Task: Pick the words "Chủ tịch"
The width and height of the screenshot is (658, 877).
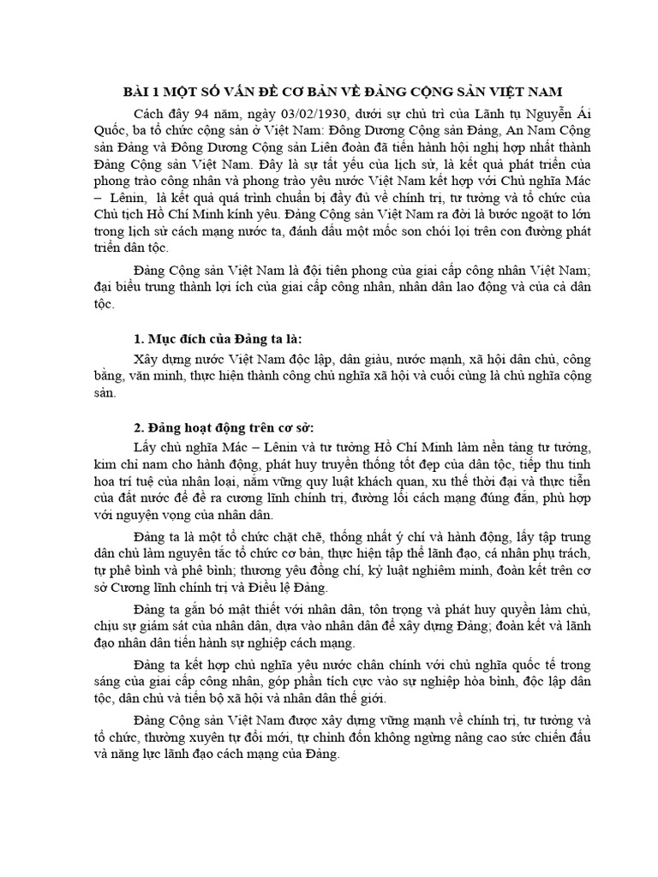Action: point(112,213)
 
